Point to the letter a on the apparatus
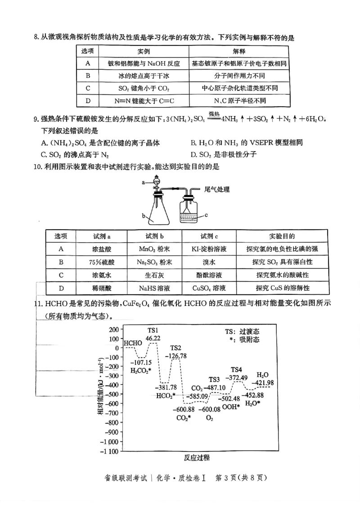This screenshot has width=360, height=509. point(144,183)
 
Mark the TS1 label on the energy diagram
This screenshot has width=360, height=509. point(152,330)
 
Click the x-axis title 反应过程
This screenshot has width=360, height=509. point(197,458)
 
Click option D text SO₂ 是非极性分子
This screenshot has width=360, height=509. point(224,154)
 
